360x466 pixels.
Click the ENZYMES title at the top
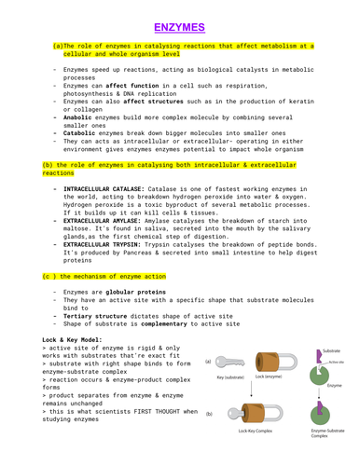point(180,26)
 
